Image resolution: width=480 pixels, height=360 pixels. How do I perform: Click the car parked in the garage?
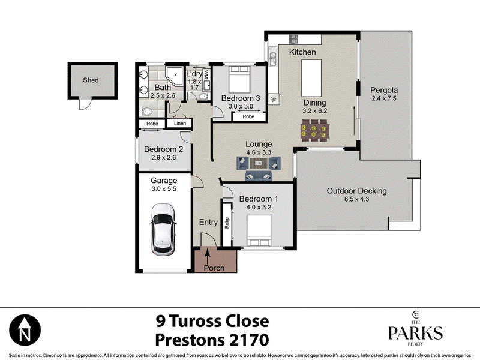(163, 230)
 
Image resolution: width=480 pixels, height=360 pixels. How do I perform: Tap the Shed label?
(91, 80)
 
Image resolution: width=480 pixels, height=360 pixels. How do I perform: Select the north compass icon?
(25, 331)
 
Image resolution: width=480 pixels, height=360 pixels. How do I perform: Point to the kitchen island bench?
(311, 78)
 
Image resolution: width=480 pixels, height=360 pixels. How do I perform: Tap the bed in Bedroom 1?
(259, 230)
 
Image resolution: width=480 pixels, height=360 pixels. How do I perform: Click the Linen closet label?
(179, 124)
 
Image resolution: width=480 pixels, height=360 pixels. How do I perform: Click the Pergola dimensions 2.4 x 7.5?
(384, 98)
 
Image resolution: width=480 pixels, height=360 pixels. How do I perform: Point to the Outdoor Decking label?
(356, 191)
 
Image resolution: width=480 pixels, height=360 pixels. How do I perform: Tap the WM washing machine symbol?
(206, 75)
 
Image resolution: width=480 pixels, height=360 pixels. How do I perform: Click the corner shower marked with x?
(174, 76)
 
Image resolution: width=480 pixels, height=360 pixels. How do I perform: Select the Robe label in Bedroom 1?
(227, 223)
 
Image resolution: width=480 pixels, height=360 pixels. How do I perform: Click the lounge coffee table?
(259, 163)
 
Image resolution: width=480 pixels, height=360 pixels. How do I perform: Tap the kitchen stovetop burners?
(293, 39)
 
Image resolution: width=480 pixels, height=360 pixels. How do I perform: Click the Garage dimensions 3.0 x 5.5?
(164, 189)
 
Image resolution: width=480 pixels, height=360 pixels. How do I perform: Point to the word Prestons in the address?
(189, 340)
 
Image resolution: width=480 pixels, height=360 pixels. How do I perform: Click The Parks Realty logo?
(415, 328)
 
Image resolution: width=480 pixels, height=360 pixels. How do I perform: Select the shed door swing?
(85, 103)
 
